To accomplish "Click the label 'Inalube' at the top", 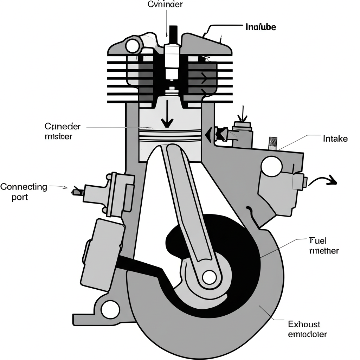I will (260, 27).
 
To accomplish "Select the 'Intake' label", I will (335, 139).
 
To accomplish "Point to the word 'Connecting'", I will (24, 186).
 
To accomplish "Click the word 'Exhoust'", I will (304, 324).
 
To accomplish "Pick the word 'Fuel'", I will (318, 241).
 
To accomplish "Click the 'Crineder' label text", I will (63, 127).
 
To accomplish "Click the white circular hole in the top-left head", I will (133, 45).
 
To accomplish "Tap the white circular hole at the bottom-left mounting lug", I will (110, 309).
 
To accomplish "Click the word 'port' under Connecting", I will (20, 197).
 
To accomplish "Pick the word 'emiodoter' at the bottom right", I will (307, 334).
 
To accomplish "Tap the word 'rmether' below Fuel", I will (324, 251).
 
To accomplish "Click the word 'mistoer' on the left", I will (59, 136).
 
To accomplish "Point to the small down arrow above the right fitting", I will (243, 114).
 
